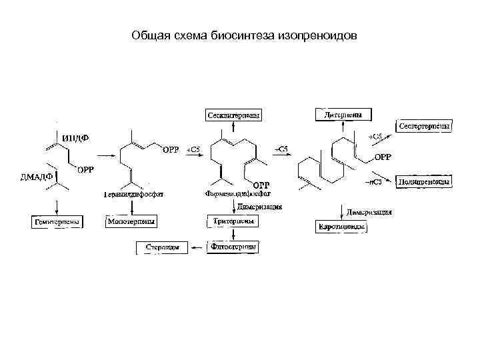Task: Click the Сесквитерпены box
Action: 233,115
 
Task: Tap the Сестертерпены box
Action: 425,125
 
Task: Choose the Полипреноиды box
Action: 424,181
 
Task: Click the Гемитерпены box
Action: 57,221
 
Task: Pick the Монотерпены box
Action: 131,221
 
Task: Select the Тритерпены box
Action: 232,221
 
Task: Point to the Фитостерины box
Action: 232,247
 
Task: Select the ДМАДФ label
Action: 31,177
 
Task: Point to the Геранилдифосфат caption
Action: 133,195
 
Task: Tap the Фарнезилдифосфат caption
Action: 238,195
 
